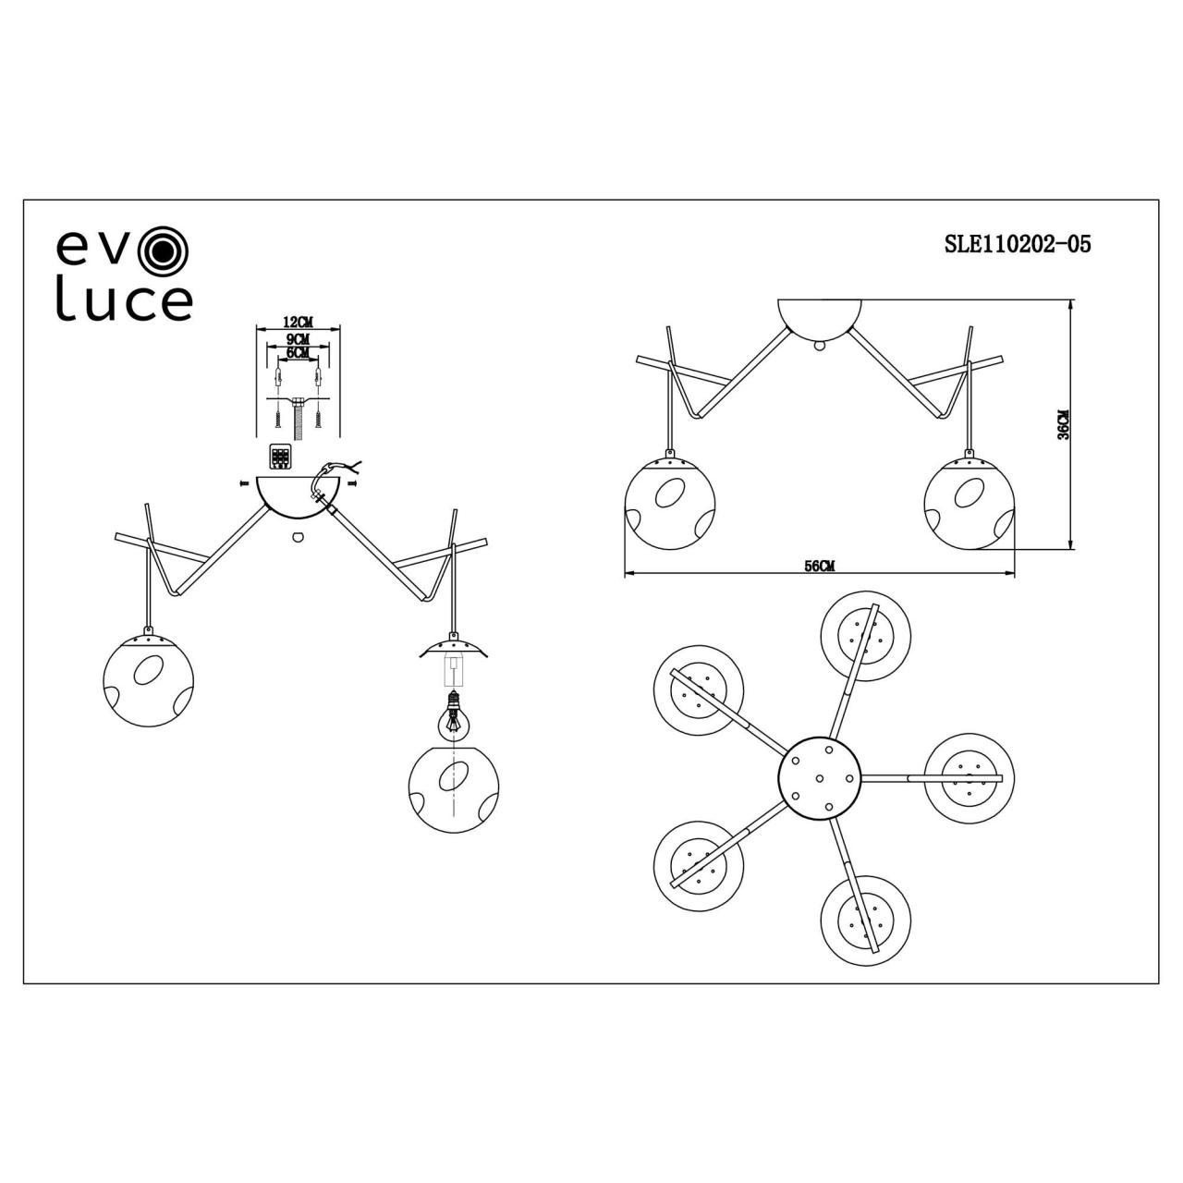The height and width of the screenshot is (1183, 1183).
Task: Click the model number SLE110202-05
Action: click(1017, 244)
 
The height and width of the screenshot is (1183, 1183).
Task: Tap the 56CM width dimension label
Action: click(819, 567)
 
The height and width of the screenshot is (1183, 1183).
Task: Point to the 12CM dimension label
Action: click(298, 322)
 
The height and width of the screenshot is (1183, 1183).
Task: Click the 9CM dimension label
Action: click(298, 338)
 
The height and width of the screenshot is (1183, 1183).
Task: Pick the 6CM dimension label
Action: click(298, 353)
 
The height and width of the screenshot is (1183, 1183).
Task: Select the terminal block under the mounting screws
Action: click(280, 457)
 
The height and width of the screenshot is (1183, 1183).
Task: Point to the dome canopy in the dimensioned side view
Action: click(821, 318)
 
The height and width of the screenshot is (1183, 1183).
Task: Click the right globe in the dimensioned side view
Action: click(968, 503)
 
